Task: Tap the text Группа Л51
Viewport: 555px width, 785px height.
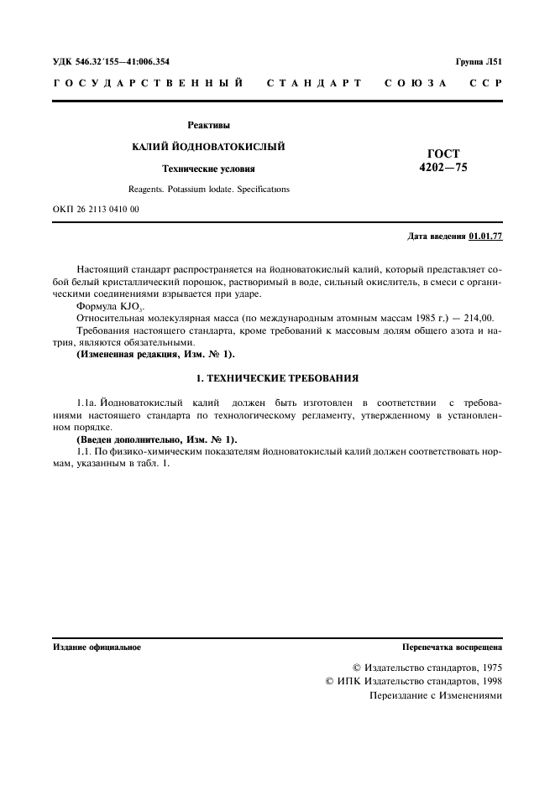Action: pyautogui.click(x=479, y=62)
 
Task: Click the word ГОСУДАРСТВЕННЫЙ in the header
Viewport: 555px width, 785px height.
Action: pyautogui.click(x=149, y=84)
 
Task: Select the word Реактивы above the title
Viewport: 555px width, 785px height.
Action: pyautogui.click(x=208, y=125)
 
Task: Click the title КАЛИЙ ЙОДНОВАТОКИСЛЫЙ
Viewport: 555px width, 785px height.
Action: pyautogui.click(x=208, y=147)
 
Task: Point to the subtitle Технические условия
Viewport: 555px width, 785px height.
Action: pyautogui.click(x=208, y=169)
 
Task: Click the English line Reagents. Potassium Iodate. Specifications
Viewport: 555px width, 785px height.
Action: pyautogui.click(x=208, y=190)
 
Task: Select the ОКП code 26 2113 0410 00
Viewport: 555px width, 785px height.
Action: pyautogui.click(x=96, y=210)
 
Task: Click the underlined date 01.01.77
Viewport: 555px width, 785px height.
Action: pyautogui.click(x=485, y=237)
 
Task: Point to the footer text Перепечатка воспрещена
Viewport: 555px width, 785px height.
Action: pyautogui.click(x=452, y=647)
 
